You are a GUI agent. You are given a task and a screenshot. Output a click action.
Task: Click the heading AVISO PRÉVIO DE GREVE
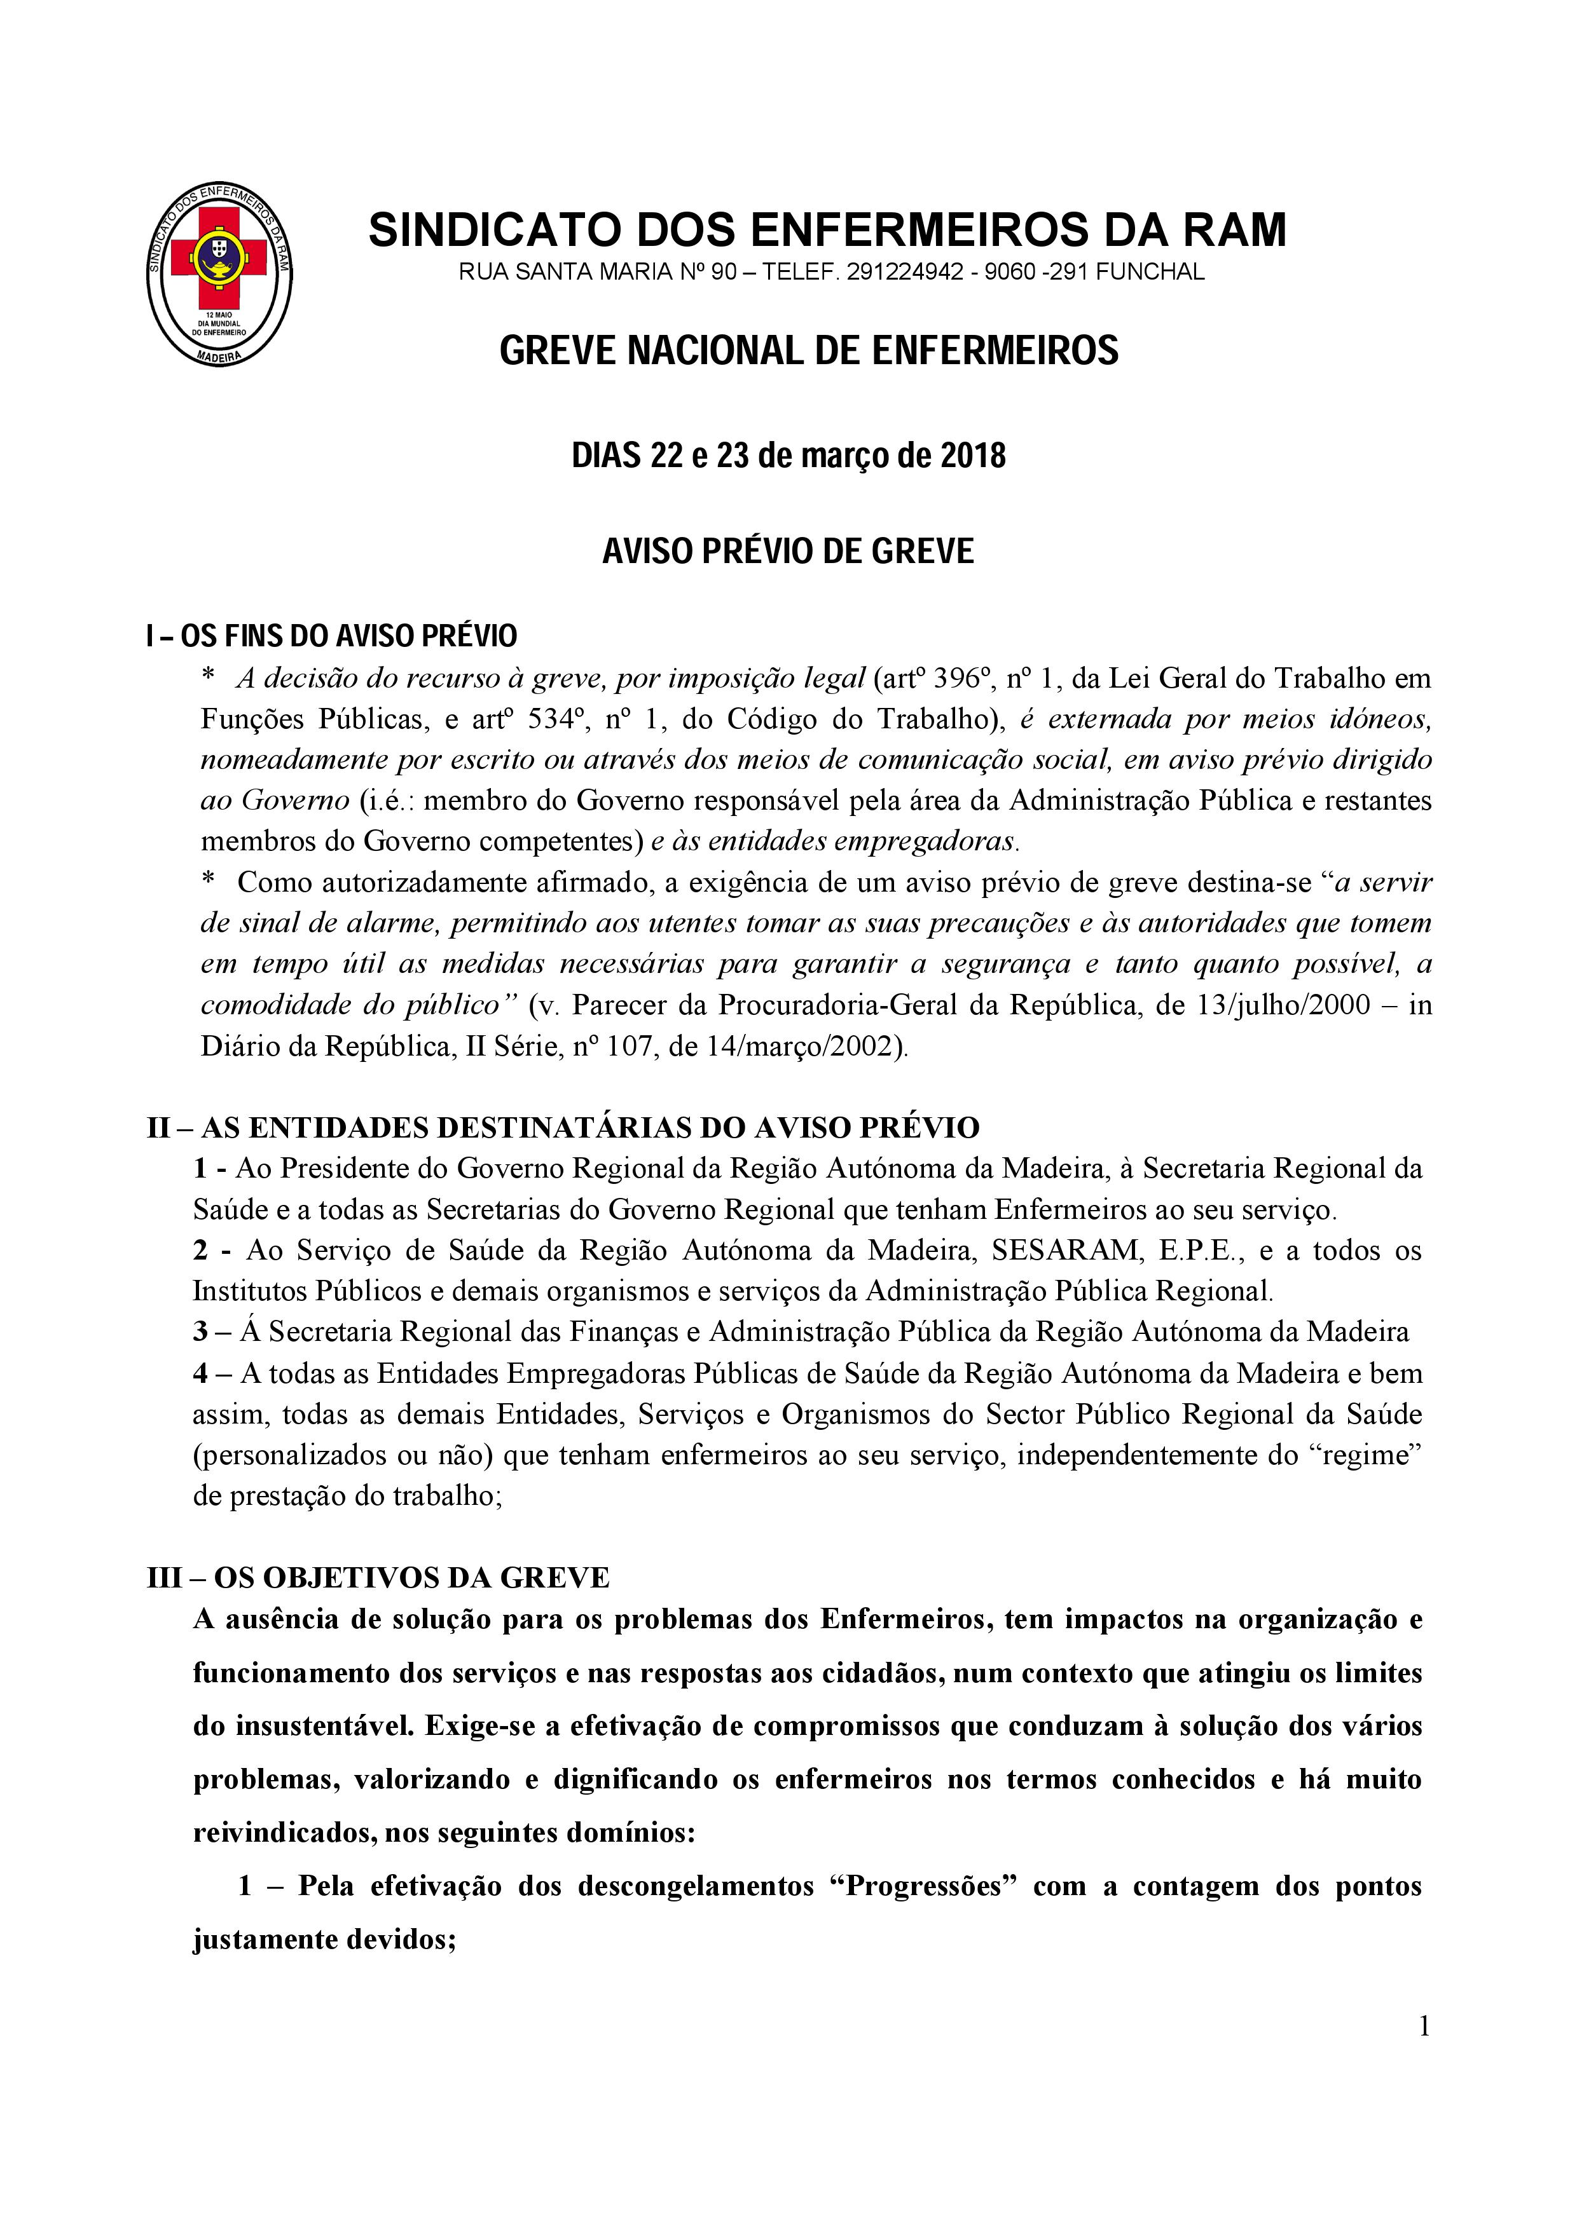788,552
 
